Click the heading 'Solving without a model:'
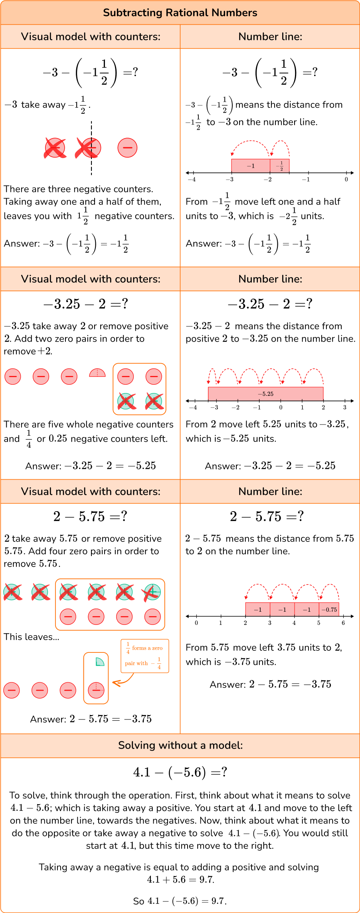pyautogui.click(x=180, y=745)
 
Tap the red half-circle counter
pyautogui.click(x=97, y=373)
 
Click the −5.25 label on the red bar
pyautogui.click(x=265, y=394)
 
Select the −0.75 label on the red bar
pyautogui.click(x=329, y=609)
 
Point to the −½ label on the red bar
pyautogui.click(x=280, y=165)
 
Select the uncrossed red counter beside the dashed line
pyautogui.click(x=127, y=148)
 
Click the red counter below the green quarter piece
pyautogui.click(x=96, y=690)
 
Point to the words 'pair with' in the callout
pyautogui.click(x=136, y=663)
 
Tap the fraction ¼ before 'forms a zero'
pyautogui.click(x=128, y=648)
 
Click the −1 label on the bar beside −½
pyautogui.click(x=251, y=166)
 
